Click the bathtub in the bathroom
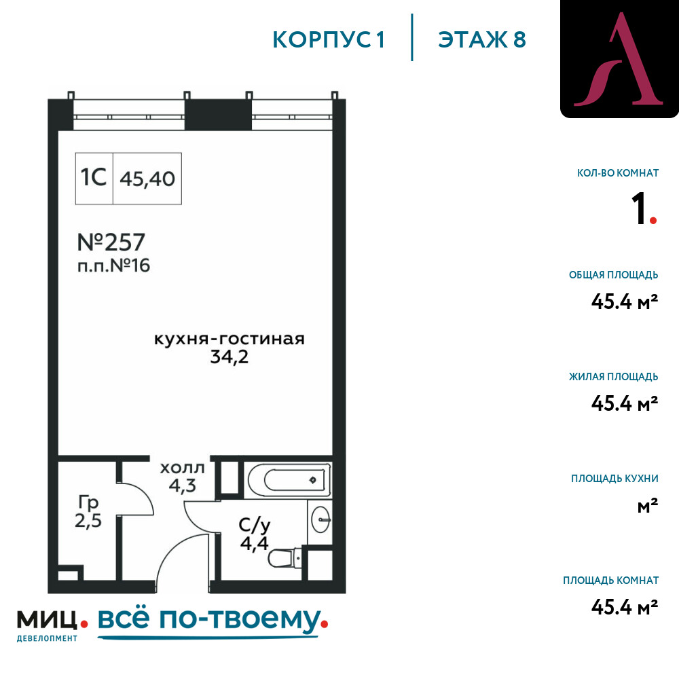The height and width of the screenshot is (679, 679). coord(288,480)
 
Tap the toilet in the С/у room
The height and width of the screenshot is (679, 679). coord(285,559)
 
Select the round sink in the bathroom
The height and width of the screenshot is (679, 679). coord(321,519)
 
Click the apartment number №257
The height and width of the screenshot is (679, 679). coord(111,242)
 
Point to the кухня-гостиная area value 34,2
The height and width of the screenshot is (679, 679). coord(229,357)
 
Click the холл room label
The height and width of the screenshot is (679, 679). coord(182,468)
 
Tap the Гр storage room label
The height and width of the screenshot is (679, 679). coord(88,502)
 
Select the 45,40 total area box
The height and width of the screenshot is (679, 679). coord(147,179)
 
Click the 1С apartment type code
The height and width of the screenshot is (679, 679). coord(94,177)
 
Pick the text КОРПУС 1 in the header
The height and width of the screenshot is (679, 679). coord(329,40)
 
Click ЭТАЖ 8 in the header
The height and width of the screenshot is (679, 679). coord(482,40)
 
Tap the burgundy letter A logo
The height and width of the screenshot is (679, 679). coord(619,59)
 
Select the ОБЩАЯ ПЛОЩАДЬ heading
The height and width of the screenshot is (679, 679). coord(614,274)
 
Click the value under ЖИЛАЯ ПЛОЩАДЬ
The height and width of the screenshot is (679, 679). coord(625,403)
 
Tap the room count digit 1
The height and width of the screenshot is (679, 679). coord(639,208)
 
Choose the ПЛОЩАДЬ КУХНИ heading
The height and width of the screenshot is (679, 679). coord(614,479)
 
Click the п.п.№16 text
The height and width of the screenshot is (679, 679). coord(113,265)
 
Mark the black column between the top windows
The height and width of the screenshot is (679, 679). coord(218,114)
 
